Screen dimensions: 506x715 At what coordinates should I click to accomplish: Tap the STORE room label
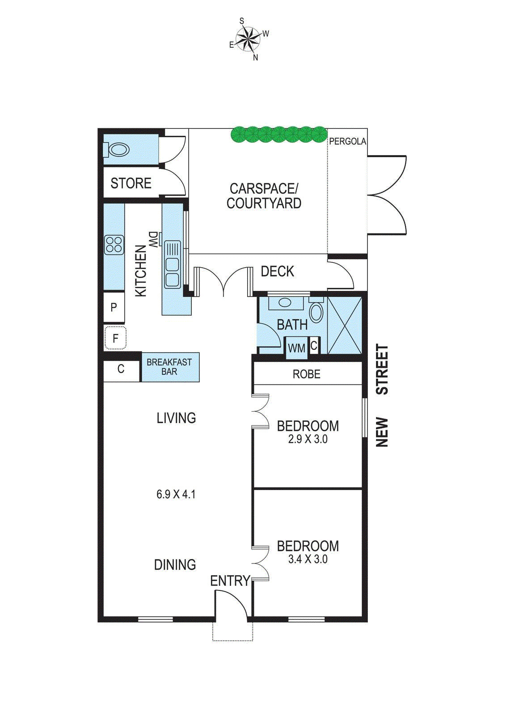tap(131, 183)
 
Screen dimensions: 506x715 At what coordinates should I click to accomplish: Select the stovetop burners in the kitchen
tap(114, 245)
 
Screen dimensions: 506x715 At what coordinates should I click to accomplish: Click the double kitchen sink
tap(173, 264)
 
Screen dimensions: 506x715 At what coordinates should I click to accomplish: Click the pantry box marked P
tap(114, 307)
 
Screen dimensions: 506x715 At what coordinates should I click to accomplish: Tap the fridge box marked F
tap(115, 338)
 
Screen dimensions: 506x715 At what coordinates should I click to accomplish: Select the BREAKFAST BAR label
tap(169, 367)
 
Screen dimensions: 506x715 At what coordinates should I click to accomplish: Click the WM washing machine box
tap(296, 348)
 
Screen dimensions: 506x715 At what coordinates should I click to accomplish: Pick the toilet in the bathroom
tap(317, 311)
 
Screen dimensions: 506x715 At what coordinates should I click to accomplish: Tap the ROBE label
tap(307, 374)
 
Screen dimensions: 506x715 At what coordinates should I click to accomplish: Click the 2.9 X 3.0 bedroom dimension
tap(308, 440)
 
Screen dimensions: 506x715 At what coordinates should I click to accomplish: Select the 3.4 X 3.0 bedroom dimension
tap(308, 559)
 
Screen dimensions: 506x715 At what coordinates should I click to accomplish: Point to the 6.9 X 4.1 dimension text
tap(176, 494)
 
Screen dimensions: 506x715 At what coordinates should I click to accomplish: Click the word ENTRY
tap(230, 580)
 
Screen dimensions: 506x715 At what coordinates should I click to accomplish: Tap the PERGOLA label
tap(348, 141)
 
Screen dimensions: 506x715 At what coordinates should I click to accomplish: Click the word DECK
tap(278, 271)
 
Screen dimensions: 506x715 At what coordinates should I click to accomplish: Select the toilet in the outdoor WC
tap(117, 149)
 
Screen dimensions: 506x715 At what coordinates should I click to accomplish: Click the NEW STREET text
tap(382, 395)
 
